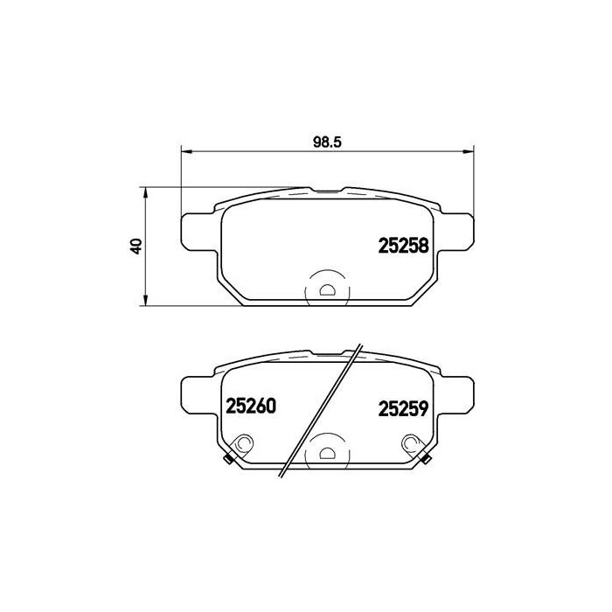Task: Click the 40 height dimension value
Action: coord(134,247)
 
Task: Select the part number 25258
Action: coord(403,247)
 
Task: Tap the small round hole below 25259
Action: coord(408,445)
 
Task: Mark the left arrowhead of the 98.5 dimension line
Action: coord(184,150)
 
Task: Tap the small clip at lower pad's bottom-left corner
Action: coord(227,461)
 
